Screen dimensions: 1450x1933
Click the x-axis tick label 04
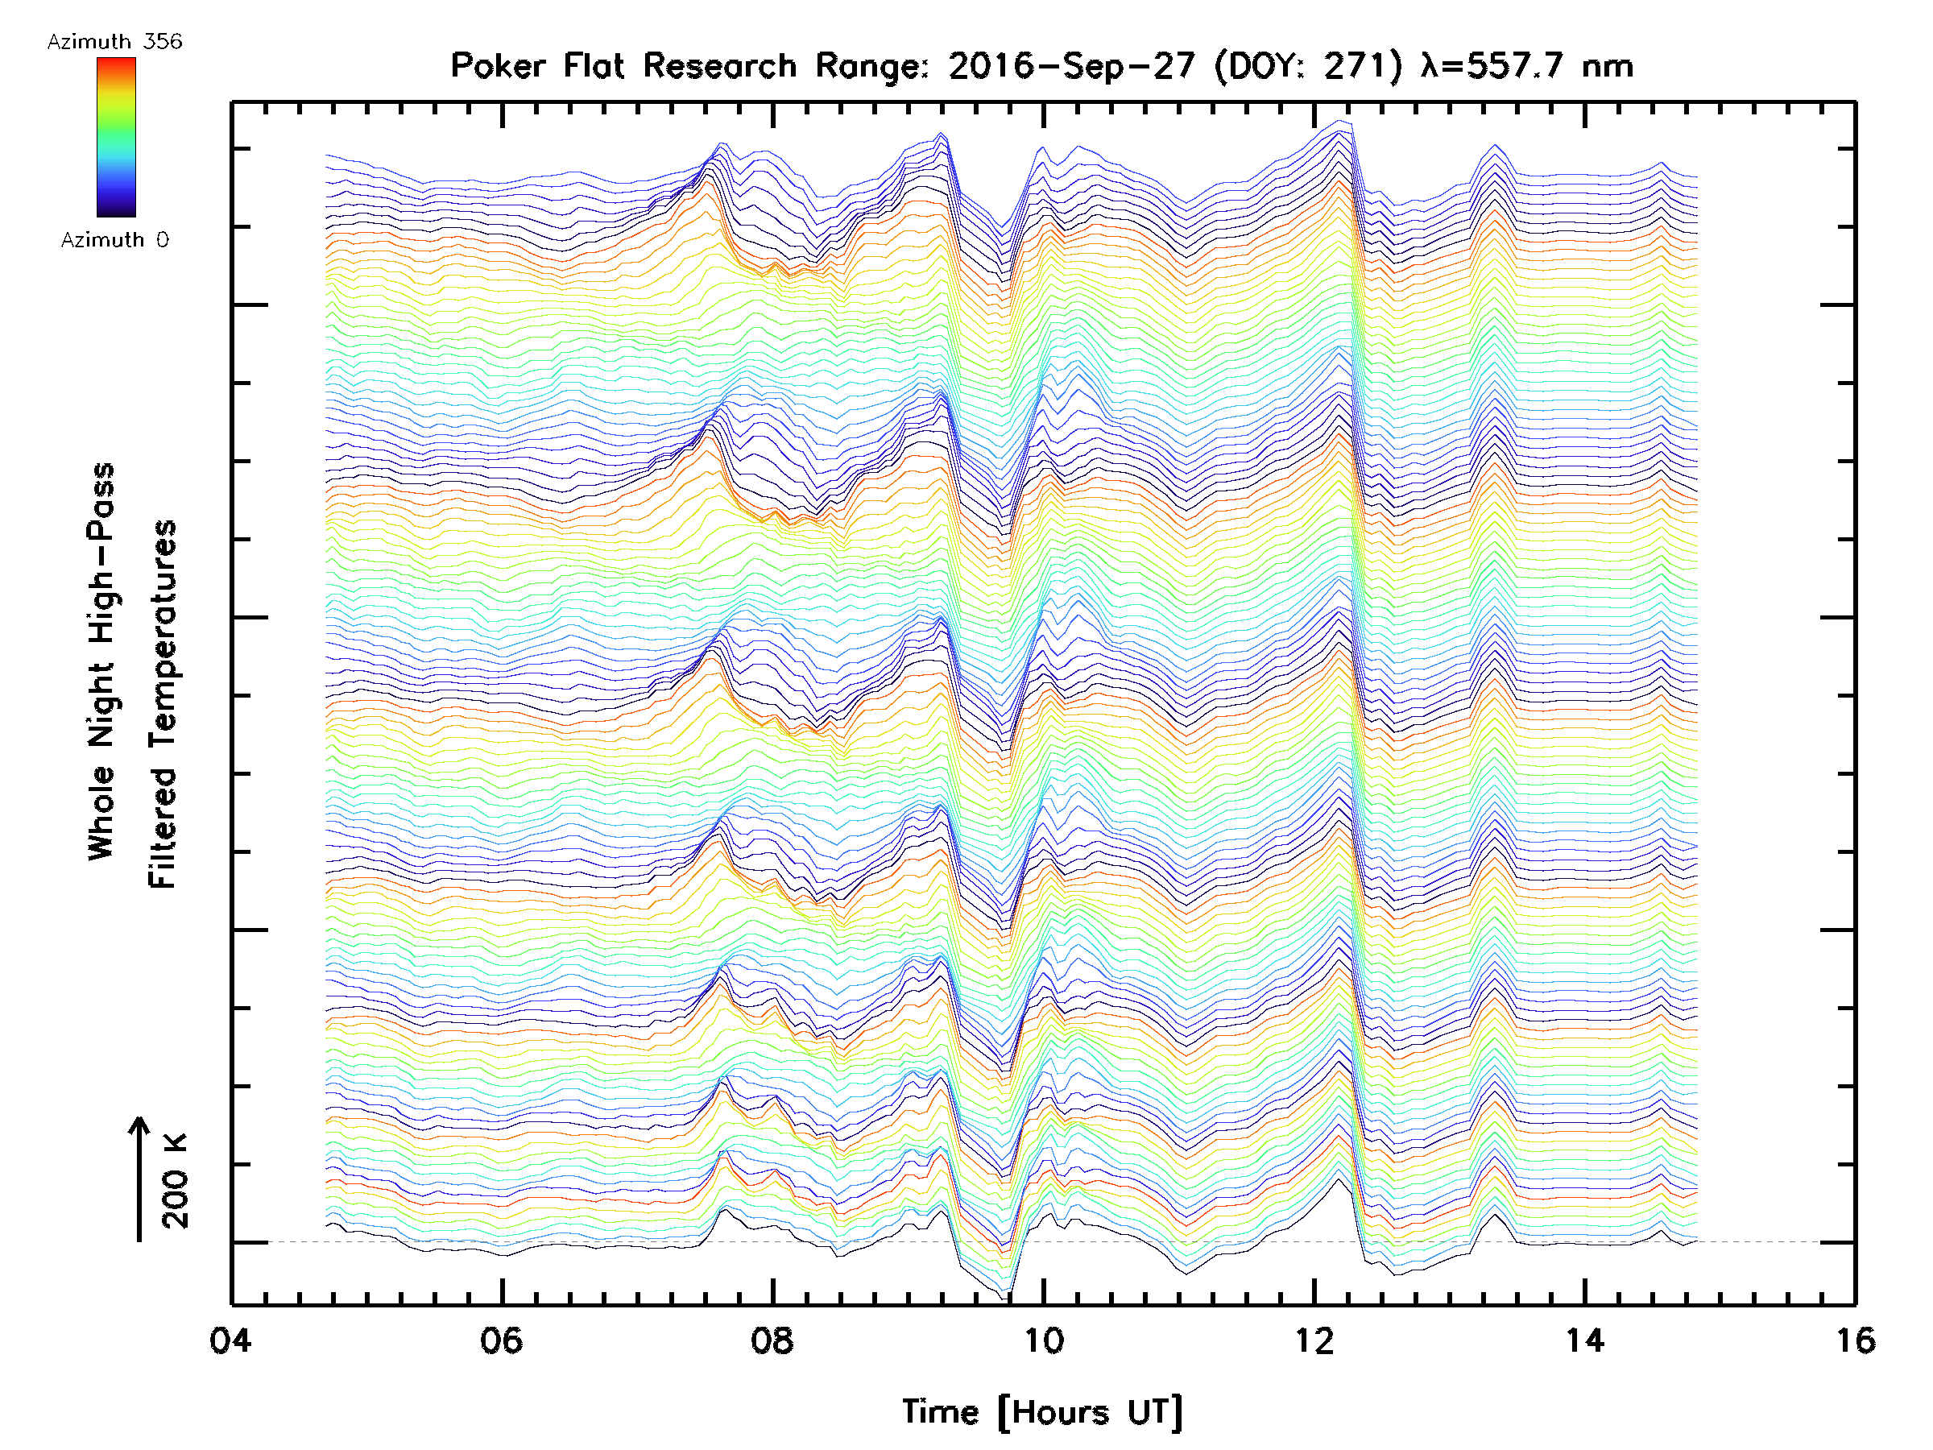click(230, 1340)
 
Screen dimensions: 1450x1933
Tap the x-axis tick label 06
click(502, 1340)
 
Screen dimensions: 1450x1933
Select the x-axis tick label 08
click(772, 1340)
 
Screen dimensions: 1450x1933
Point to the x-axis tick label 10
click(1043, 1340)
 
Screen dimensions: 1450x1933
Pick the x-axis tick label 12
click(1314, 1340)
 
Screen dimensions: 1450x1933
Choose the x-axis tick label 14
click(1584, 1340)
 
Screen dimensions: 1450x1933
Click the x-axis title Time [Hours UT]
click(1042, 1412)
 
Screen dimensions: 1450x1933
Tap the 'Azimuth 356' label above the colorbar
click(114, 42)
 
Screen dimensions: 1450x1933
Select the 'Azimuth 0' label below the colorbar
click(114, 239)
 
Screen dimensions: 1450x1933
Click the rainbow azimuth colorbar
click(116, 137)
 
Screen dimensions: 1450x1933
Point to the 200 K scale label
click(175, 1181)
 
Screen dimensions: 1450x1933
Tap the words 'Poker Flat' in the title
click(537, 65)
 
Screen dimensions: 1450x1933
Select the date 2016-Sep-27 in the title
click(1071, 65)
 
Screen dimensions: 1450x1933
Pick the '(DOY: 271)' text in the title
click(1309, 65)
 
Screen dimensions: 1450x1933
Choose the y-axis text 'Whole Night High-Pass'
click(101, 661)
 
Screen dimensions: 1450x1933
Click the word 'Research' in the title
click(720, 65)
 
